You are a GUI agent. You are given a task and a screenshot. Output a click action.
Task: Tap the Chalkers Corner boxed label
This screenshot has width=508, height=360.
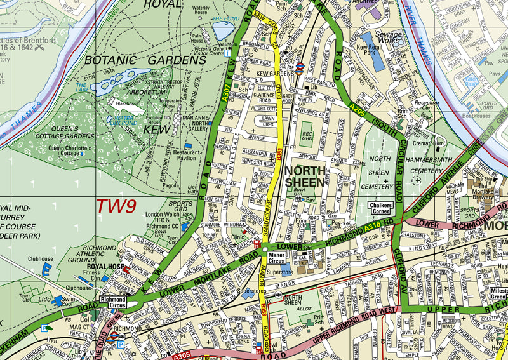click(x=382, y=208)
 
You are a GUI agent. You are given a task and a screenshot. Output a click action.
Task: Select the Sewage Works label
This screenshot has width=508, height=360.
click(x=388, y=38)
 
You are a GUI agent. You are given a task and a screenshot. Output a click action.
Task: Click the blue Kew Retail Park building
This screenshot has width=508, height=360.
click(x=377, y=60)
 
